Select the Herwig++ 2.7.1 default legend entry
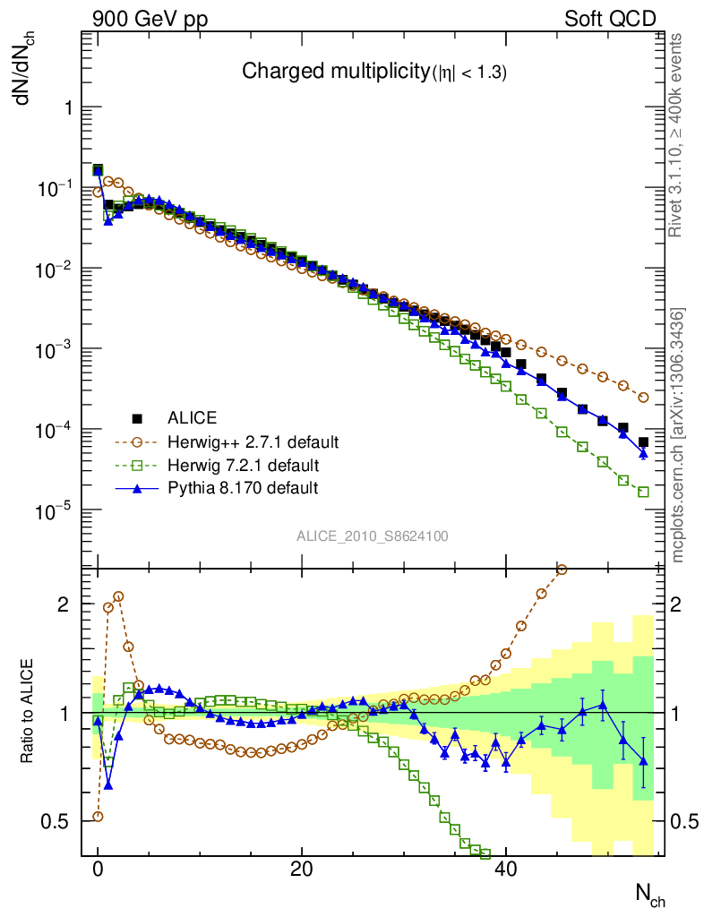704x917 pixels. tap(253, 442)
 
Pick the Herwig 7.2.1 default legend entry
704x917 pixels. tap(243, 466)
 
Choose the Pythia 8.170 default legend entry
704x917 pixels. tap(243, 488)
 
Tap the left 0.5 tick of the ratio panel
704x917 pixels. tap(59, 821)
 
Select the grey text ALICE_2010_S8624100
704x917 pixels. tap(373, 536)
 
